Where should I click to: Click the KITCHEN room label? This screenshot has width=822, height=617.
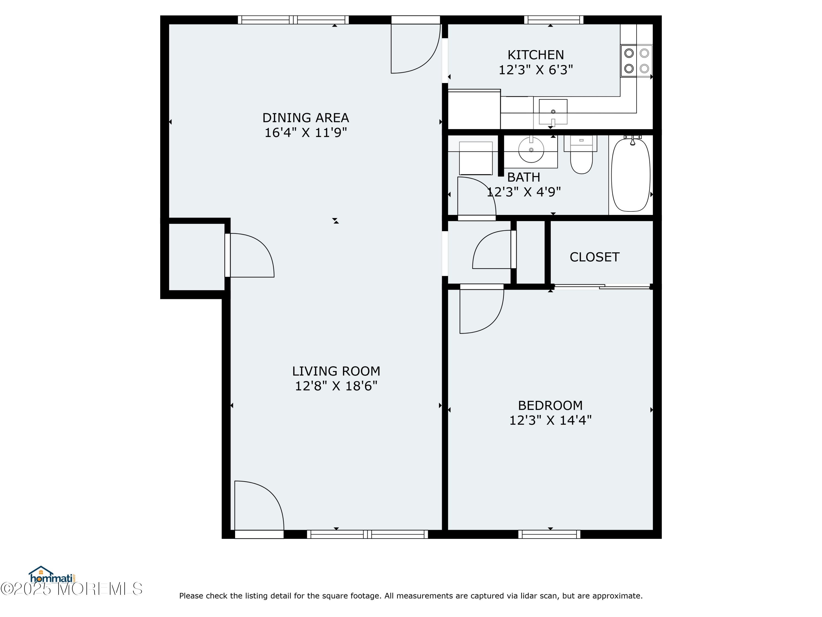point(535,55)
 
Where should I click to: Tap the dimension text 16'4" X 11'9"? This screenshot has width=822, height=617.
point(306,133)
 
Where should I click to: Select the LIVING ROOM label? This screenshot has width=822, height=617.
point(336,371)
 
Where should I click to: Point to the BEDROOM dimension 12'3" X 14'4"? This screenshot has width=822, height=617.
point(550,420)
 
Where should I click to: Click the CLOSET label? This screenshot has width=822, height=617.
point(594,257)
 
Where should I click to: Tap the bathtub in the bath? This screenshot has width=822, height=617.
point(631,175)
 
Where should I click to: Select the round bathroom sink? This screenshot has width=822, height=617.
point(531,150)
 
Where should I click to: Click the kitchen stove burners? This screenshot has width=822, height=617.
point(637,61)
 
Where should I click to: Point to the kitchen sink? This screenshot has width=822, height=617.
point(553,112)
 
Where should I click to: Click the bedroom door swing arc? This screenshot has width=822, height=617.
point(483,312)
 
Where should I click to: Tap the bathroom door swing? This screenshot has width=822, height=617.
point(478,195)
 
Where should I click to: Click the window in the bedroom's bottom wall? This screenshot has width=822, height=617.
point(549,534)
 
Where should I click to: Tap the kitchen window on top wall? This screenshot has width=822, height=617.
point(554,20)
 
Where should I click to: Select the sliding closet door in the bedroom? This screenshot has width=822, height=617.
point(602,286)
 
